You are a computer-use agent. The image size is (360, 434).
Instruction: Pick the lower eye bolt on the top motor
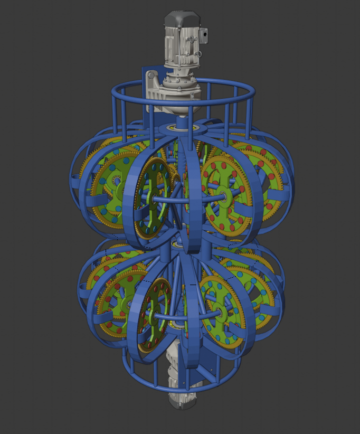point(199,54)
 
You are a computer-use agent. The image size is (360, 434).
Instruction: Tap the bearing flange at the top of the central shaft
point(177,129)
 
